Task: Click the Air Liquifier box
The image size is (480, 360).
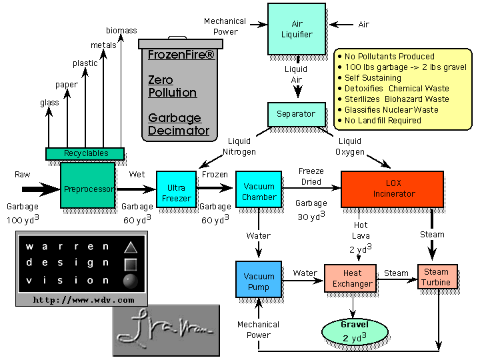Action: [296, 29]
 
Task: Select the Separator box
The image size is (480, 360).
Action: [295, 114]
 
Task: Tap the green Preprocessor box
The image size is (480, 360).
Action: [88, 189]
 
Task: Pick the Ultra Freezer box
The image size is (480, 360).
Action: [176, 189]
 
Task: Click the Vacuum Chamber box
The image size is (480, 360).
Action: [259, 192]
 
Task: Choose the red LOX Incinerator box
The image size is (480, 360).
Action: [392, 189]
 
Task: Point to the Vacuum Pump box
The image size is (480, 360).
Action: [259, 281]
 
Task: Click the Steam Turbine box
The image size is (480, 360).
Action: [437, 277]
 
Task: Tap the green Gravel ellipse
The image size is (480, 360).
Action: [355, 331]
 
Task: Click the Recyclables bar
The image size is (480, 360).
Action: [85, 153]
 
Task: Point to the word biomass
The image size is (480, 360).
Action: [121, 31]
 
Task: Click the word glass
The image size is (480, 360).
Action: [49, 102]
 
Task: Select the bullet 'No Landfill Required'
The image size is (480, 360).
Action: [383, 121]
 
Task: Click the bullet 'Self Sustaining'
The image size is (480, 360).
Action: [373, 78]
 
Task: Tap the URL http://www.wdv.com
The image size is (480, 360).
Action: [83, 300]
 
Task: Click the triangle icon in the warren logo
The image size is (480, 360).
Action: [129, 247]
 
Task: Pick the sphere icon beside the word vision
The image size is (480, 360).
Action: [129, 280]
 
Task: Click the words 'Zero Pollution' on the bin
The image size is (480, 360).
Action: [172, 86]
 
